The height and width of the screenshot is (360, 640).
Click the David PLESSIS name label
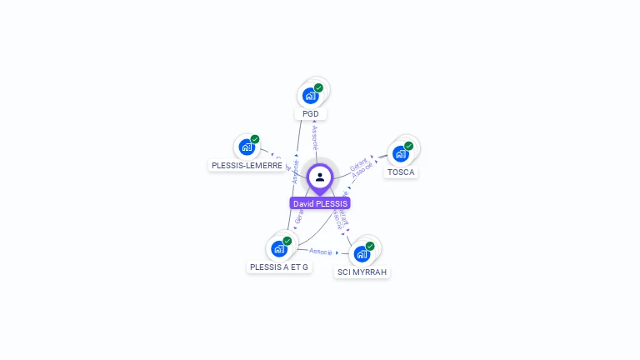pyautogui.click(x=320, y=203)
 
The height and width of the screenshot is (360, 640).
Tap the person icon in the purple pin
pyautogui.click(x=320, y=177)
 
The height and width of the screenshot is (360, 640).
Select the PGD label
pyautogui.click(x=311, y=114)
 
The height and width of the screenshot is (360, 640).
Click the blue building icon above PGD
pyautogui.click(x=310, y=95)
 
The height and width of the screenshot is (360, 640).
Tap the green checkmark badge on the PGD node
pyautogui.click(x=318, y=87)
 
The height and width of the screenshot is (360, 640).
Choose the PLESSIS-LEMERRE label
pyautogui.click(x=247, y=166)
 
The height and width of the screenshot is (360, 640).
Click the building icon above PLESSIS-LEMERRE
pyautogui.click(x=246, y=147)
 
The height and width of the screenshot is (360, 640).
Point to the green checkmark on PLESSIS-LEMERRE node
pyautogui.click(x=255, y=139)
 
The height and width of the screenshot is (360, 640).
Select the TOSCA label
pyautogui.click(x=401, y=172)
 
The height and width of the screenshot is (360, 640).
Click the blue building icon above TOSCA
pyautogui.click(x=400, y=154)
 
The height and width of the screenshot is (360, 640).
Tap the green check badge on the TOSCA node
pyautogui.click(x=408, y=146)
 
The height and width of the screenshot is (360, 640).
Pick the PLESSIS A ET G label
pyautogui.click(x=279, y=267)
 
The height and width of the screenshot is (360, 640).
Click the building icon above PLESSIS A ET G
pyautogui.click(x=278, y=248)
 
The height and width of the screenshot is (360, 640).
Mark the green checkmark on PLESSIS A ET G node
pyautogui.click(x=287, y=241)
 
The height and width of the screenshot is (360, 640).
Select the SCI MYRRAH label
pyautogui.click(x=362, y=272)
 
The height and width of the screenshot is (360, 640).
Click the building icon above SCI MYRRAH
pyautogui.click(x=362, y=254)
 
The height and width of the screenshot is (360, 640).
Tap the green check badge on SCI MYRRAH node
pyautogui.click(x=370, y=246)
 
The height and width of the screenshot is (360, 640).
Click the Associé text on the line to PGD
pyautogui.click(x=314, y=137)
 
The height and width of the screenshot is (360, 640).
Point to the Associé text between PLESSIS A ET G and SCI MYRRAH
pyautogui.click(x=321, y=251)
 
